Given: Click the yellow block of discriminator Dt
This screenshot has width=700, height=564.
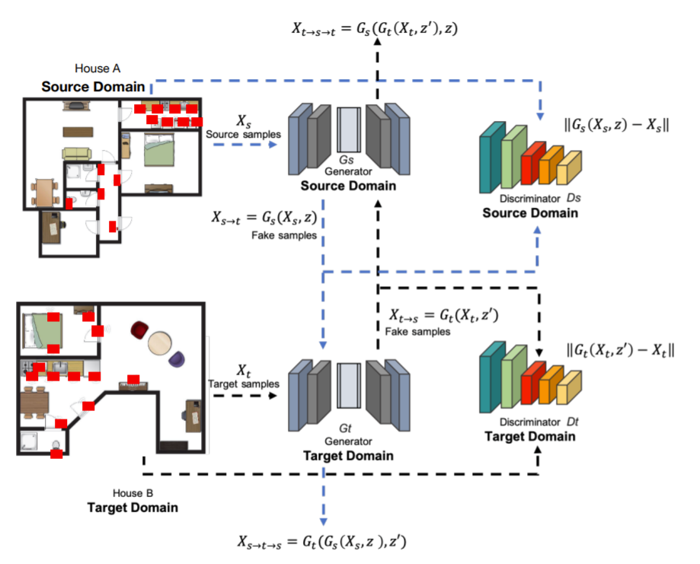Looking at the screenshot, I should click(566, 393).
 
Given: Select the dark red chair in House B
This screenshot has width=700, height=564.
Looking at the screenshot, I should click(139, 330).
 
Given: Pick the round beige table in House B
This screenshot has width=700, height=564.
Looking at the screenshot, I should click(160, 343).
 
